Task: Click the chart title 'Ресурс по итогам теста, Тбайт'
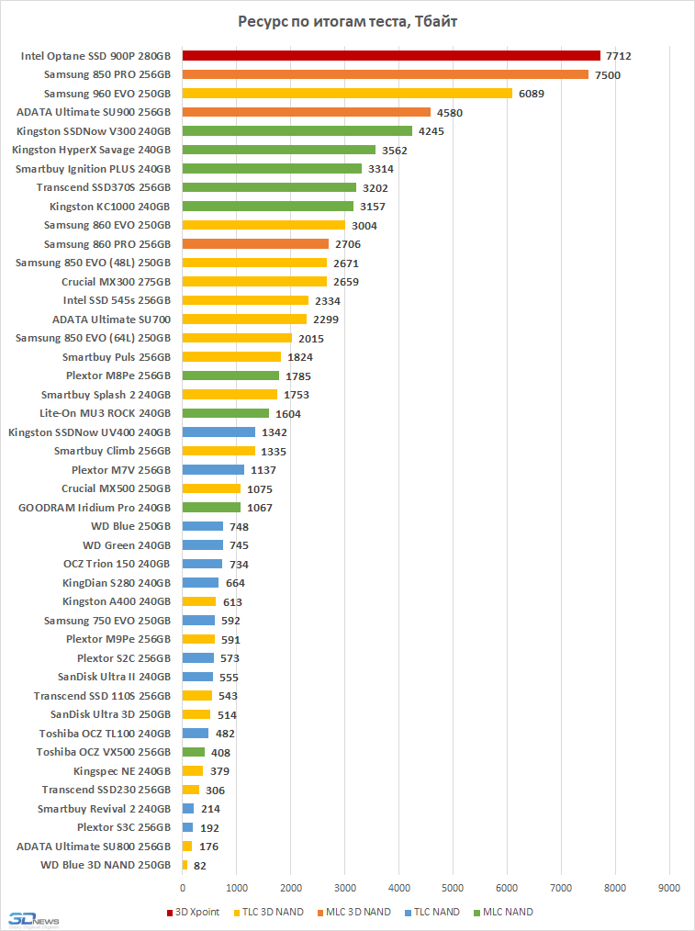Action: coord(347,21)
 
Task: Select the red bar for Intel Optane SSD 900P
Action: coord(391,56)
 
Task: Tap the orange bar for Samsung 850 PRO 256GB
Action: coord(386,74)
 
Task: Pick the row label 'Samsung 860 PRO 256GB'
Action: coord(107,244)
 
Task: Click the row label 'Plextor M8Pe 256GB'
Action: coord(118,376)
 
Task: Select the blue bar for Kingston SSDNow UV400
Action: coord(219,432)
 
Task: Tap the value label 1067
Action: coord(260,508)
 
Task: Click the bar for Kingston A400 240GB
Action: coord(199,601)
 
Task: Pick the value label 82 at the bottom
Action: coord(199,865)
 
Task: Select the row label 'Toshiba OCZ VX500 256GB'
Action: coord(104,752)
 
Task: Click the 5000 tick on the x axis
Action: coord(453,888)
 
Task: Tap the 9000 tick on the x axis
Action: coord(669,888)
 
